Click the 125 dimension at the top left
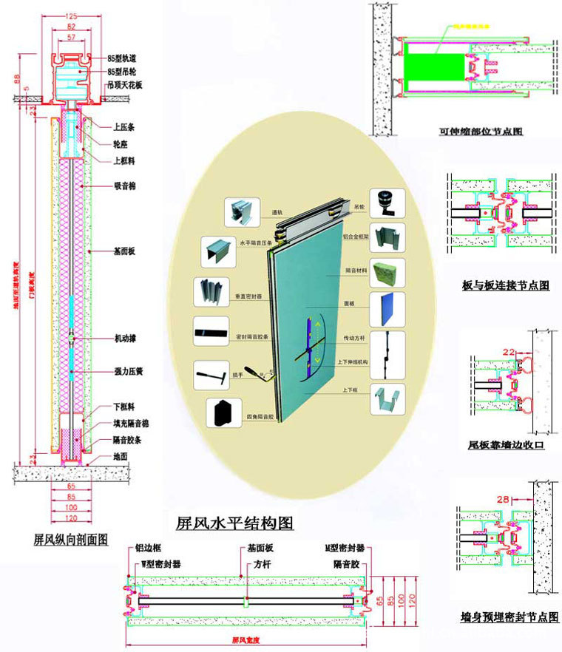pos(71,15)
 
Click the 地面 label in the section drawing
pos(121,458)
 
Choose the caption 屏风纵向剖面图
pos(71,539)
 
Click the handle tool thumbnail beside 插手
pos(209,375)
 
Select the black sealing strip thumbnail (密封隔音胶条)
pos(211,333)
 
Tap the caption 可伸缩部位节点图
pos(481,132)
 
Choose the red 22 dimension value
pos(508,352)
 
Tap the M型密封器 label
pos(345,550)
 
